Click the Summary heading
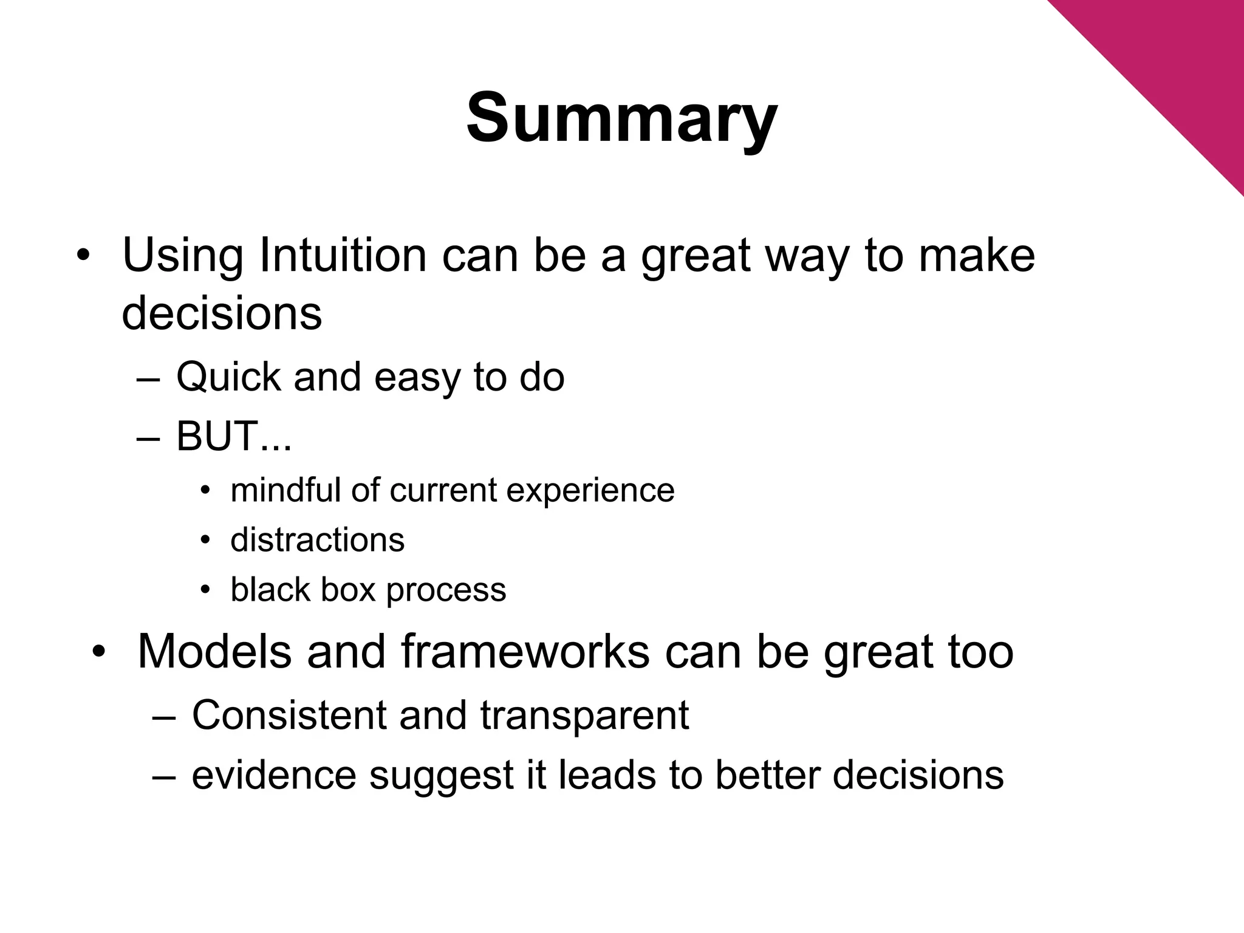click(x=621, y=118)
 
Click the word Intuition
click(x=343, y=255)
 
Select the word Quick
click(x=228, y=378)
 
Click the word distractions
click(x=317, y=539)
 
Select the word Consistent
click(x=289, y=716)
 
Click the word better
click(x=767, y=776)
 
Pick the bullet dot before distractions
click(x=206, y=540)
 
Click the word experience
click(x=590, y=491)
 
